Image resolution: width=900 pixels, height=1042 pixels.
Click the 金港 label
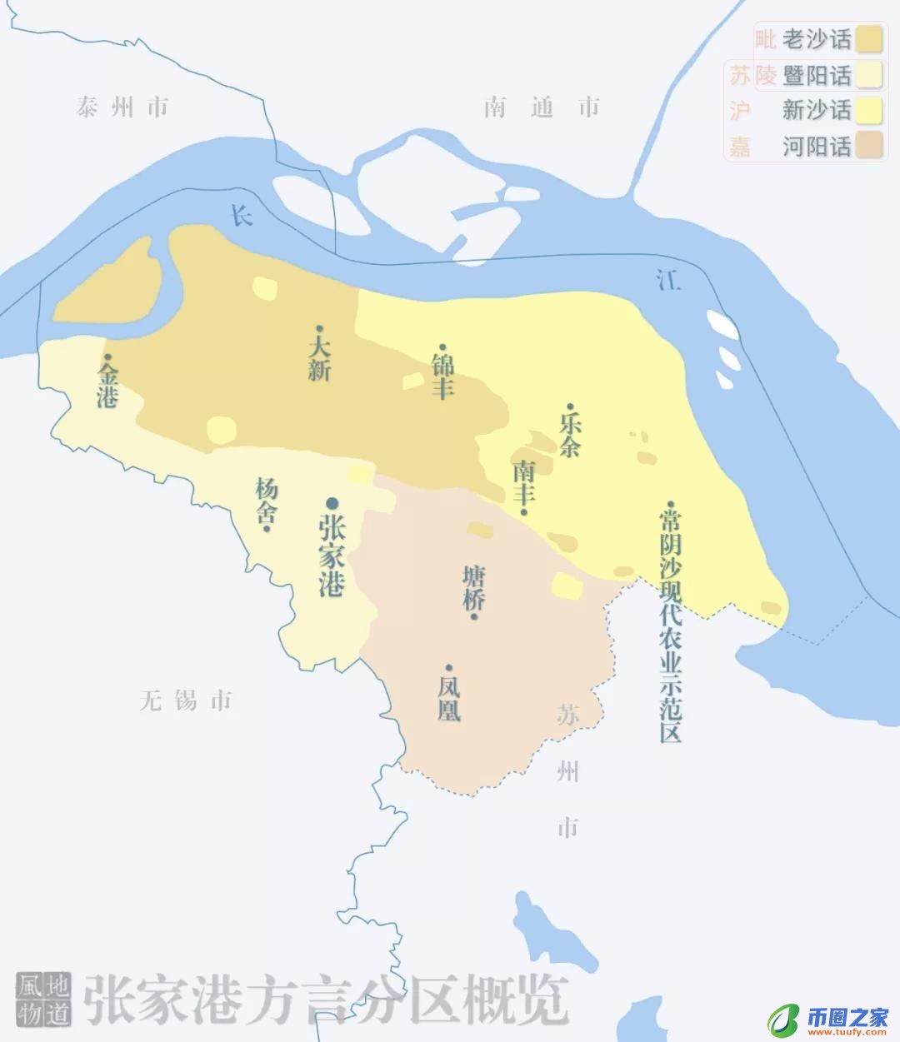(x=107, y=385)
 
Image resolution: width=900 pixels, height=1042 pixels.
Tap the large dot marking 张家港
(x=332, y=502)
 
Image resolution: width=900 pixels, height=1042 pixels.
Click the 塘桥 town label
(x=474, y=590)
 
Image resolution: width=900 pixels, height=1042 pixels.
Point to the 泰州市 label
(x=122, y=107)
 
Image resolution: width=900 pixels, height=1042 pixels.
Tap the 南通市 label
(x=542, y=107)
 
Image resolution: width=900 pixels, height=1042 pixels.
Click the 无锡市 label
(x=185, y=700)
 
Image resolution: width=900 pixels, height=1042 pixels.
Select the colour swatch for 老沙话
(x=869, y=39)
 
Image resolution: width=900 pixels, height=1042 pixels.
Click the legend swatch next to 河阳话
(x=869, y=146)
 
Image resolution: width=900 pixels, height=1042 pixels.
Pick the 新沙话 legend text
(x=817, y=110)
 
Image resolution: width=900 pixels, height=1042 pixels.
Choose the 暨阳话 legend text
(x=817, y=75)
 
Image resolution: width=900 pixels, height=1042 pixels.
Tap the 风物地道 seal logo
(x=43, y=999)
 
